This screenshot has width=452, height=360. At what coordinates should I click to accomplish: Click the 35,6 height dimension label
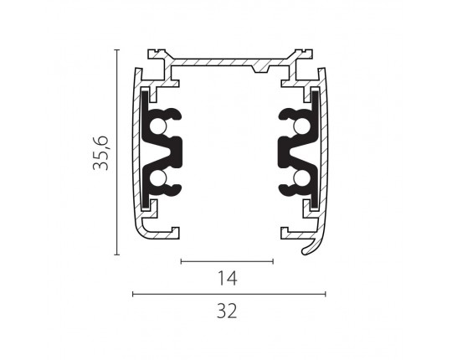point(100,152)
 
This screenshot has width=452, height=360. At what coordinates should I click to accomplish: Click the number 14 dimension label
point(227,278)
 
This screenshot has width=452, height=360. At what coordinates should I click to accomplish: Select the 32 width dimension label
point(227,311)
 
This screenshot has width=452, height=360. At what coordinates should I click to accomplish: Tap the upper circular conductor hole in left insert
point(158,126)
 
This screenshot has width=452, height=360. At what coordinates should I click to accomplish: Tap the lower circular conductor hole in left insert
point(158,177)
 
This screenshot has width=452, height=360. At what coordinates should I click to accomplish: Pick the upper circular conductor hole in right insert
point(302,126)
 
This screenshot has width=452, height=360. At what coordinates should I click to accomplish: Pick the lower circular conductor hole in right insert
point(302,177)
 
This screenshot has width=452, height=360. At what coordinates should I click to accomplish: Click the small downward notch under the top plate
point(260,69)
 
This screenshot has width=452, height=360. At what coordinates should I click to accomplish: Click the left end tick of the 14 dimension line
point(181,261)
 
